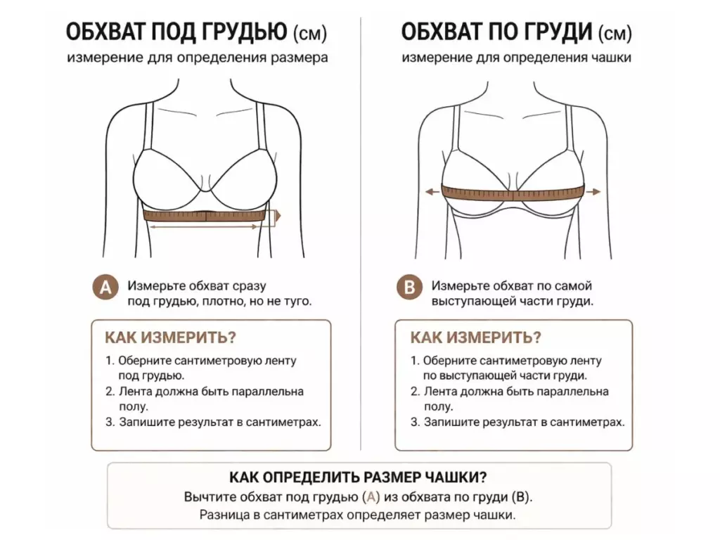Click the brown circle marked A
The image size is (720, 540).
pos(105,288)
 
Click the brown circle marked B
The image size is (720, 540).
pos(409,288)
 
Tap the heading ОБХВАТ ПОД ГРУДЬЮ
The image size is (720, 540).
pos(176,32)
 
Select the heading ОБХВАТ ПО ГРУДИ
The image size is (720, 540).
pos(496,32)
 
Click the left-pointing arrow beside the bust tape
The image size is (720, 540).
pos(432,191)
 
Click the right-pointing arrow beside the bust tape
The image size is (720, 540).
pos(593,191)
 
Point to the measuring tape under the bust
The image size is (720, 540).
pos(206,215)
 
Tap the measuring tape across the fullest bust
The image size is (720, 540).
pos(513,193)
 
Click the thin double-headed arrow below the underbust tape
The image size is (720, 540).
pos(204,226)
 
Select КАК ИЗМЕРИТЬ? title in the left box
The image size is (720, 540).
pos(170,337)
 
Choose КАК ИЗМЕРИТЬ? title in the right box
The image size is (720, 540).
pos(476,337)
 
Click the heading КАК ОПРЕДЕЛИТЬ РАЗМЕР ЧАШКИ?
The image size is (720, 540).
pos(358,477)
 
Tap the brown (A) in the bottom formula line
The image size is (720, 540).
pos(371,497)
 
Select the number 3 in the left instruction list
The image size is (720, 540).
pos(109,422)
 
